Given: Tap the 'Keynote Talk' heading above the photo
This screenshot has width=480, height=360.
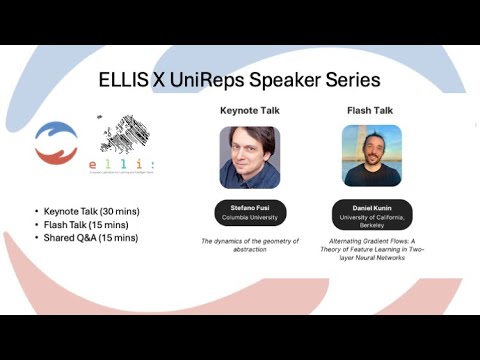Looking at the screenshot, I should click(x=249, y=110).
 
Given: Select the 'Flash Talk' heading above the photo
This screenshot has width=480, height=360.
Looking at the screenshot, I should click(x=371, y=110).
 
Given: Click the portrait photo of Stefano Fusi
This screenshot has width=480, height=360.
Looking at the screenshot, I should click(x=249, y=156).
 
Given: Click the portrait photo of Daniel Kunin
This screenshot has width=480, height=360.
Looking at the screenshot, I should click(x=371, y=156).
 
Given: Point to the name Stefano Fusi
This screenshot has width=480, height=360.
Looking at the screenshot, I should click(x=249, y=207).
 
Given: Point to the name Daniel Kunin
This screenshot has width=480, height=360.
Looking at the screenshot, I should click(x=371, y=207).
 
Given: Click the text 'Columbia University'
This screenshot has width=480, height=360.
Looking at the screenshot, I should click(x=249, y=216).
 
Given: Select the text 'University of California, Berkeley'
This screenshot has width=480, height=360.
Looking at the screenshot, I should click(x=371, y=220).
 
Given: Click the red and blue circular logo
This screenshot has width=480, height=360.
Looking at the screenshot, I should click(x=56, y=143).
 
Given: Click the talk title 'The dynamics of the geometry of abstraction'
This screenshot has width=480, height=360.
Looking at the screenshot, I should click(x=249, y=245).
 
